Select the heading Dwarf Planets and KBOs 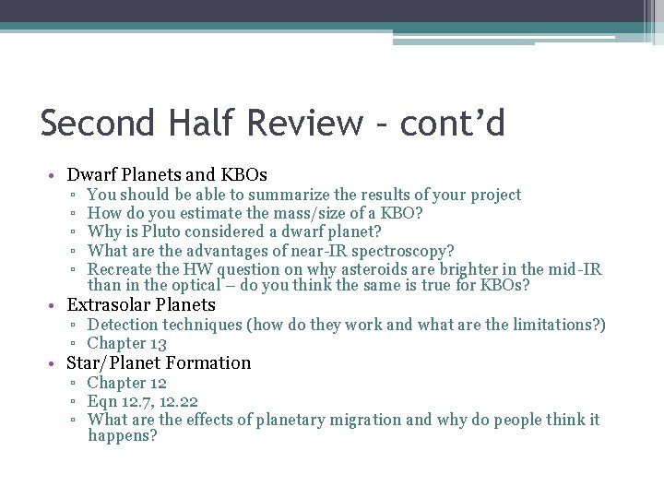[167, 174]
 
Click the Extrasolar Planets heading [141, 304]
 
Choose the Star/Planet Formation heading [159, 362]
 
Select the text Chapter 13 [126, 343]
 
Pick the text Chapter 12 [126, 382]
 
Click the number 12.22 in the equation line [177, 401]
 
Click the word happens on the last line [122, 435]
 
